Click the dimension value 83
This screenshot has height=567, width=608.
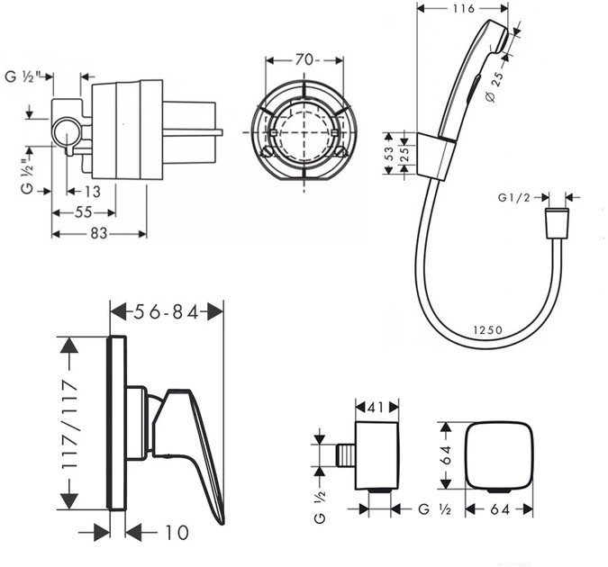[98, 234]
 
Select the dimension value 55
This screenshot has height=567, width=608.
[83, 213]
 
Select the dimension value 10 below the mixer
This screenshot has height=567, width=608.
[177, 533]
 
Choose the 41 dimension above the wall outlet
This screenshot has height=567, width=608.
[377, 405]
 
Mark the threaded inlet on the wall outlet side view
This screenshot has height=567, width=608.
[345, 452]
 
